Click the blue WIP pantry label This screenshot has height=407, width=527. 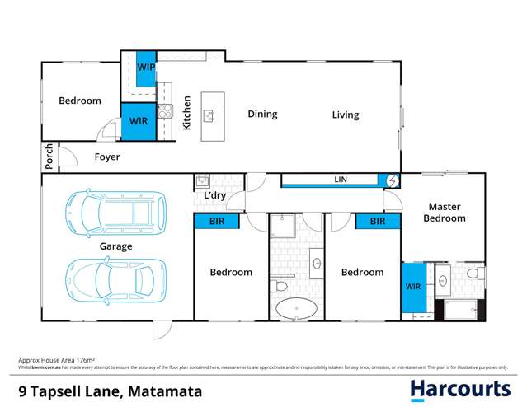145,67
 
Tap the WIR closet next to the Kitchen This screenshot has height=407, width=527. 137,120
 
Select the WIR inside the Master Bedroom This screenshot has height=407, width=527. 413,287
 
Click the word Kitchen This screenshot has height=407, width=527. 187,115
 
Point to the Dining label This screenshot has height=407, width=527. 262,115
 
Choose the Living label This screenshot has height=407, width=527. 346,115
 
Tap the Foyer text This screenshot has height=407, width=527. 106,157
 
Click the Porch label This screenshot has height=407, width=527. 49,157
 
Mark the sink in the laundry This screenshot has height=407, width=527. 202,180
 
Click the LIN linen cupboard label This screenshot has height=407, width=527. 339,179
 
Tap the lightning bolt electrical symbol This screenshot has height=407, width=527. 392,180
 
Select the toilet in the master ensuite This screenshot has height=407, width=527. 473,272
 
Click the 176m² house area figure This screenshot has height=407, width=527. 83,361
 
